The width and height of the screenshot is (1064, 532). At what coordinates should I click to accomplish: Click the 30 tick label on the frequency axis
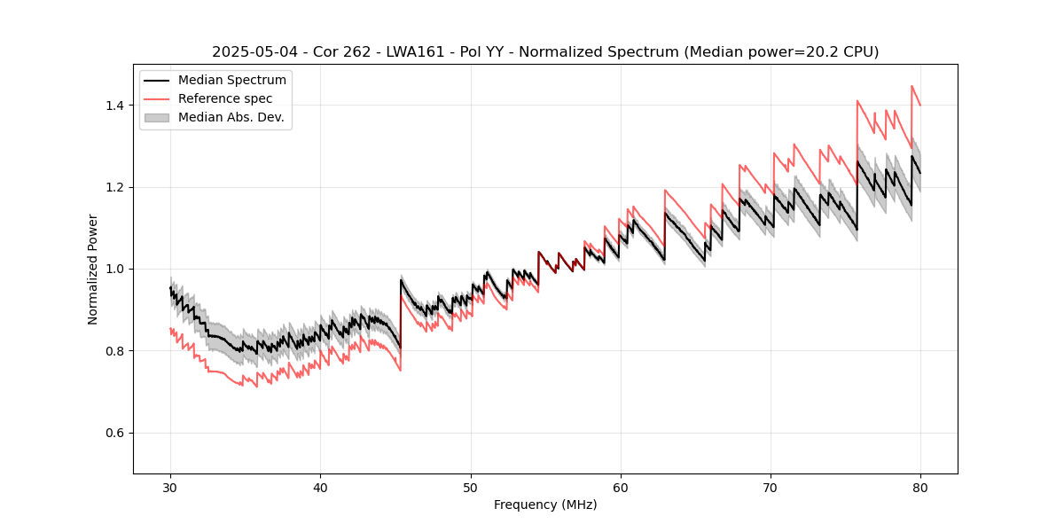click(170, 487)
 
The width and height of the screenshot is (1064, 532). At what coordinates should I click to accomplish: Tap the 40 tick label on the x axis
click(320, 487)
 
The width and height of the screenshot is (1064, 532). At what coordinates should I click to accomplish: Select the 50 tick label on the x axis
click(470, 487)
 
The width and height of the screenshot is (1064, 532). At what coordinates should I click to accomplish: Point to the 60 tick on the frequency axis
click(620, 487)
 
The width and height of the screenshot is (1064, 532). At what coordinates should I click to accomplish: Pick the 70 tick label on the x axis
click(770, 487)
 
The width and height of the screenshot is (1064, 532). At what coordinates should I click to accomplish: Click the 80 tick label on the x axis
click(919, 487)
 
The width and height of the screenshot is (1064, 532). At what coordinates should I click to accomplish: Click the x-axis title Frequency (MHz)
click(545, 505)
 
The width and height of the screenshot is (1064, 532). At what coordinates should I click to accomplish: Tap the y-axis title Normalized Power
click(92, 269)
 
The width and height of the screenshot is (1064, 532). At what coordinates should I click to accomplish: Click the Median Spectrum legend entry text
click(232, 81)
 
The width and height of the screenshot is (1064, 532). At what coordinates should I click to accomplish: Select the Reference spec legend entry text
click(225, 98)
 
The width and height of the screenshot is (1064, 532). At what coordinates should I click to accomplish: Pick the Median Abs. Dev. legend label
click(231, 117)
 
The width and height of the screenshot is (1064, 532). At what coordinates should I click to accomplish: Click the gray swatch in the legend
click(158, 117)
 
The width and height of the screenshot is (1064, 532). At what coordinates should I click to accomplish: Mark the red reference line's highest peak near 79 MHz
click(911, 86)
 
